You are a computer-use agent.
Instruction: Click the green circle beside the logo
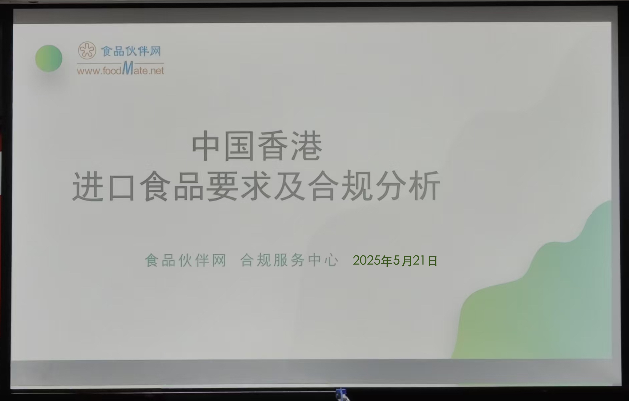click(49, 58)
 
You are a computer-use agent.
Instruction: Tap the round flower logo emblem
click(87, 51)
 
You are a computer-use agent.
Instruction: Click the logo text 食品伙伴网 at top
click(131, 51)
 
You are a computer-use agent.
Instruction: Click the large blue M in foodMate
click(128, 68)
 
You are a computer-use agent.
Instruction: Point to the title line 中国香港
click(257, 146)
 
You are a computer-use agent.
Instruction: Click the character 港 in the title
click(307, 146)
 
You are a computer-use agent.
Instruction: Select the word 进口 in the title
click(104, 186)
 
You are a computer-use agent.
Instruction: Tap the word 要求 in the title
click(239, 186)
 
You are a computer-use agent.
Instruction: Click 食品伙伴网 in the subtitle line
click(186, 260)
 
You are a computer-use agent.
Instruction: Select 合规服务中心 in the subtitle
click(289, 260)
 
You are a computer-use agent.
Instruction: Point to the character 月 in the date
click(406, 261)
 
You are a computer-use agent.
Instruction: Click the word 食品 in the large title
click(171, 186)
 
